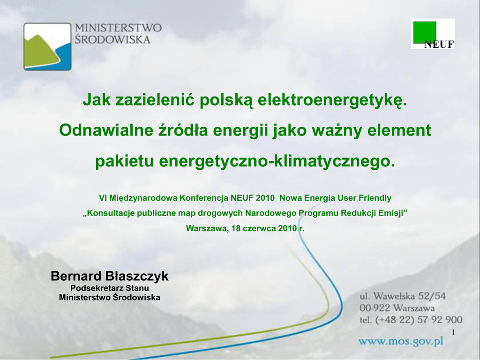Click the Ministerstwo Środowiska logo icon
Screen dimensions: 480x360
47,46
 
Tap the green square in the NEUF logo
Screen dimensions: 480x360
425,32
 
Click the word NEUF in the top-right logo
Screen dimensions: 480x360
439,45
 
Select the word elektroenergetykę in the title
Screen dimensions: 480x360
332,100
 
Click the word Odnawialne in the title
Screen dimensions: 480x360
106,130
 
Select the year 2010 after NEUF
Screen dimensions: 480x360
265,198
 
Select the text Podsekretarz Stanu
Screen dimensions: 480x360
110,288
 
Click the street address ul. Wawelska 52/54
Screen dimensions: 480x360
403,296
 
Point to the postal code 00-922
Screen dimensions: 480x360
375,308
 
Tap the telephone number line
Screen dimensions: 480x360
411,320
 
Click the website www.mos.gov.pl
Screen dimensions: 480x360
401,341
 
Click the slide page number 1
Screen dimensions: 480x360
454,332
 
